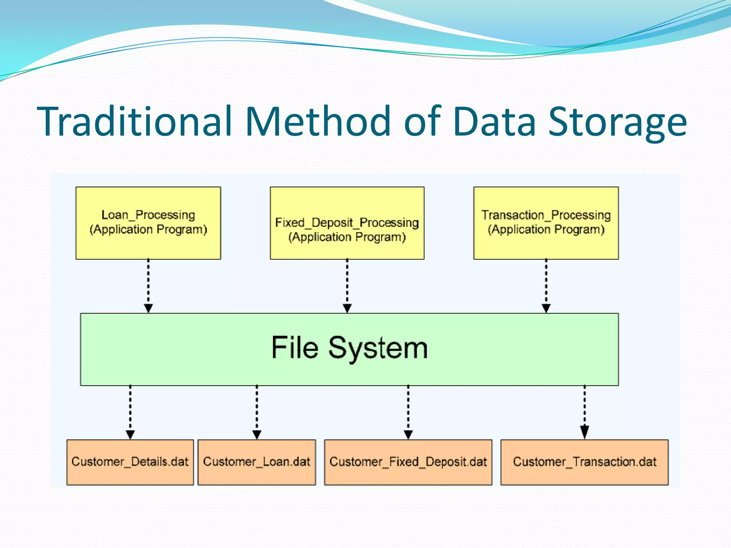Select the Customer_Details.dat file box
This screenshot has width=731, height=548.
130,462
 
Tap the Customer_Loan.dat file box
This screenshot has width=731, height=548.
257,462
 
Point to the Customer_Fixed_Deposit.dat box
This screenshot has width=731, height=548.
408,462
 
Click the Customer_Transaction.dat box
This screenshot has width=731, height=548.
584,462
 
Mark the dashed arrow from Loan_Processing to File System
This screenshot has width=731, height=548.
148,285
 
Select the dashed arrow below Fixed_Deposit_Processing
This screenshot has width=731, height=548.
347,285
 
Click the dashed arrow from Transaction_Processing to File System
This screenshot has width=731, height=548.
546,285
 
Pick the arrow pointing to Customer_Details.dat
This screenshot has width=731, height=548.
130,412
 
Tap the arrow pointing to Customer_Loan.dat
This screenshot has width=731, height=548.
257,412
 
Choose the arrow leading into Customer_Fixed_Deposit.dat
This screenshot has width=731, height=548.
408,412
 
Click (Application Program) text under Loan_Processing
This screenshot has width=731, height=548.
148,229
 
